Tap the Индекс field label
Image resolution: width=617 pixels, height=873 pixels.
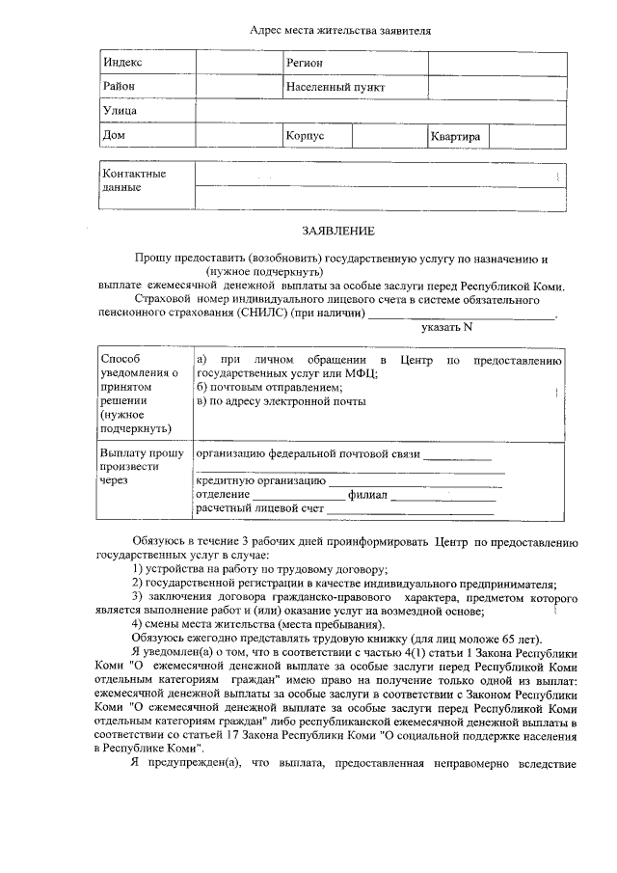122,62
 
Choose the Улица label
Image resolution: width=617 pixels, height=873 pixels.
120,112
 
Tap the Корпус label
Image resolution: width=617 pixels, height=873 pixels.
305,136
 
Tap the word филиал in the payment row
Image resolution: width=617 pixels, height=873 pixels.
367,494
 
